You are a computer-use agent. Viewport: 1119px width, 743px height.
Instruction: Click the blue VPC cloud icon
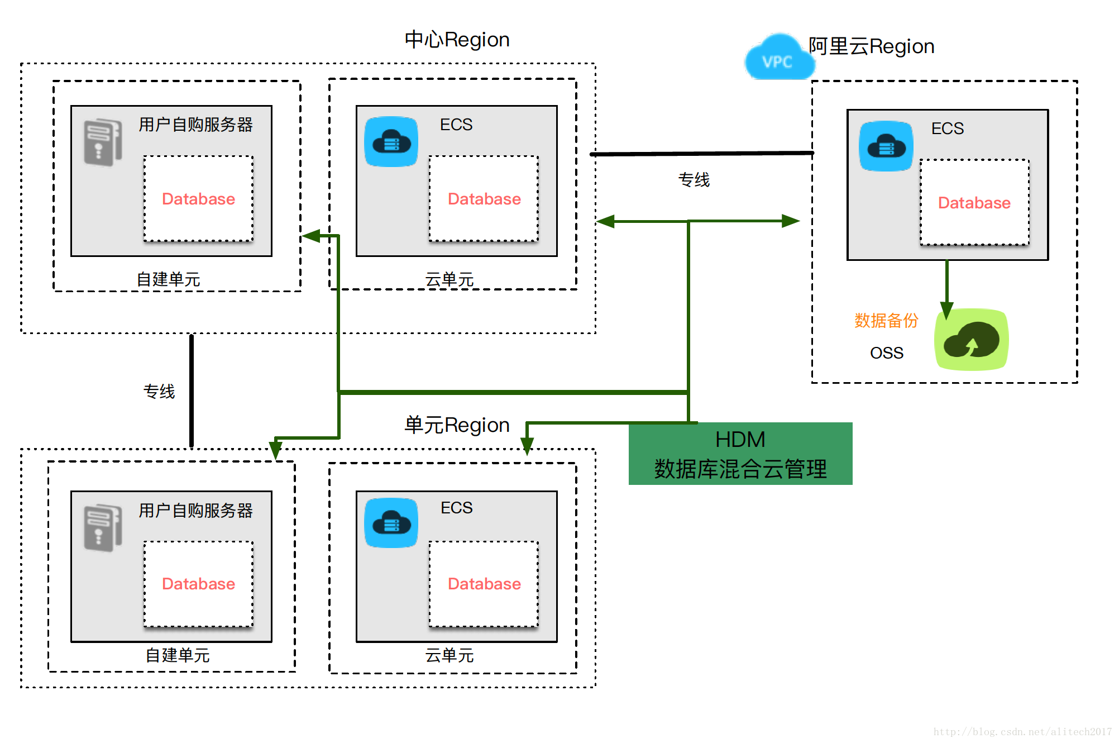[x=778, y=58]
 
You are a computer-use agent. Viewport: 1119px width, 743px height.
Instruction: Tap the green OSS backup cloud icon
[x=971, y=340]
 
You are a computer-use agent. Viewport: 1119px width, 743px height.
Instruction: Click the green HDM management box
[x=740, y=454]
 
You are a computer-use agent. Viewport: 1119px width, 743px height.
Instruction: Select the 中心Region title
[x=457, y=40]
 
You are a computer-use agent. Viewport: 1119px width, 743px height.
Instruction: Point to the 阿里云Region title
[x=871, y=46]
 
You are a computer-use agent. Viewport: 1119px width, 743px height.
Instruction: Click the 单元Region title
[x=457, y=425]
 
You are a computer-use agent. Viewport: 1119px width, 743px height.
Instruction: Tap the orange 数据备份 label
[x=886, y=321]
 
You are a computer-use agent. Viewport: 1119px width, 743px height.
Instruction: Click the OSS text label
[x=886, y=353]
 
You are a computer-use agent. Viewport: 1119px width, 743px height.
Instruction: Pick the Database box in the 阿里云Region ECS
[x=974, y=202]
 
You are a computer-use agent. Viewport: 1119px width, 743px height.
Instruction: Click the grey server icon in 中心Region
[x=103, y=142]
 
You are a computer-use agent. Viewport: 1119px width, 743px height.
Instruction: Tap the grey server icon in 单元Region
[x=103, y=528]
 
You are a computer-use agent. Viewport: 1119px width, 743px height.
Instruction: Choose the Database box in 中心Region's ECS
[x=484, y=199]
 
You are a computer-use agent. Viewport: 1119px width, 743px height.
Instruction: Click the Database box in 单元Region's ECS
[x=484, y=584]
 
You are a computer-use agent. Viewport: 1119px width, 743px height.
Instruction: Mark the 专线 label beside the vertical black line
[x=159, y=391]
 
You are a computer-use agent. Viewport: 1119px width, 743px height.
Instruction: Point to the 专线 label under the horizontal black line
[x=694, y=180]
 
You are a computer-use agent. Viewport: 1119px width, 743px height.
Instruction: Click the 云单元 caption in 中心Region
[x=449, y=279]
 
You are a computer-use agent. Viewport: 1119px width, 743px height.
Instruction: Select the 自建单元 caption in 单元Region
[x=178, y=655]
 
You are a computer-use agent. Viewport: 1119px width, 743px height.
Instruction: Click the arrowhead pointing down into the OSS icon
[x=946, y=309]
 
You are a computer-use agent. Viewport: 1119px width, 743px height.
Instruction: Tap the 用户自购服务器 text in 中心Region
[x=195, y=125]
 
